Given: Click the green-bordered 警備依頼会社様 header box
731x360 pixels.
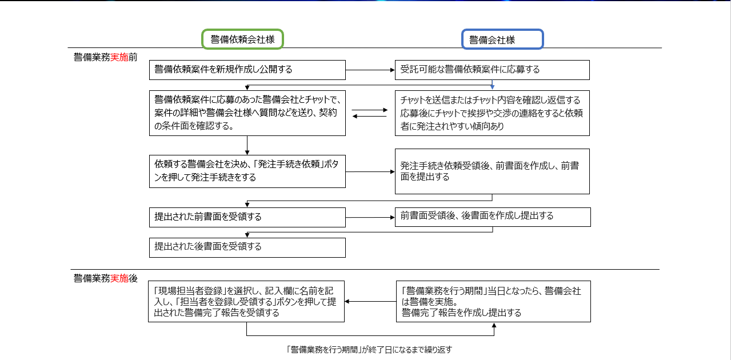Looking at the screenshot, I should pos(242,39).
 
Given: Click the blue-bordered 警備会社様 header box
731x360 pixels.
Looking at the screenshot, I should pos(502,39).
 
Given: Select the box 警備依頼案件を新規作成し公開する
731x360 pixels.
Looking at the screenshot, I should pos(247,70).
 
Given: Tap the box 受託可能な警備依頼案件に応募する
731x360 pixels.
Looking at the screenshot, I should pos(492,70).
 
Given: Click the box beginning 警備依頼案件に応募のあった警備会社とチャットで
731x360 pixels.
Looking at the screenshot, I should pos(247,113).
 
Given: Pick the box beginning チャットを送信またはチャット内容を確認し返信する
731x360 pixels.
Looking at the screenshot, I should pos(492,113).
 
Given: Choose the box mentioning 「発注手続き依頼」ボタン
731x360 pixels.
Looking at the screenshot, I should pos(247,171).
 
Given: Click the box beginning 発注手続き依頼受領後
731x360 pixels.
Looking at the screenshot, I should pos(492,171).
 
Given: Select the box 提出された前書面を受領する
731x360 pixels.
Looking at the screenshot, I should pos(247,217).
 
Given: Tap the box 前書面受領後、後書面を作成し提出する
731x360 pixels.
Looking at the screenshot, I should pos(492,217).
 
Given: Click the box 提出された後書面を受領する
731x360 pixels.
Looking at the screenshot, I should pos(247,247).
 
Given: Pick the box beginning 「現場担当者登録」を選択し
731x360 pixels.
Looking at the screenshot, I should pos(246,301).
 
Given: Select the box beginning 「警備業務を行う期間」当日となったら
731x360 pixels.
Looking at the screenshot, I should pos(493,301).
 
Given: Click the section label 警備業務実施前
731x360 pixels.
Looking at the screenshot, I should pos(105,57).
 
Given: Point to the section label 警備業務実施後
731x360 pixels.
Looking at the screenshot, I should pos(105,278).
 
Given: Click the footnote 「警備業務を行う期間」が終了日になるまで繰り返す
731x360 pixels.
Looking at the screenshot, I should pos(369,349).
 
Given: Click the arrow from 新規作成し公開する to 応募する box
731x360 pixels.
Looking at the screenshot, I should pos(370,70).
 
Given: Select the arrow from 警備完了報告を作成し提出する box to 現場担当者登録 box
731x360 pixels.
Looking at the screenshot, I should pos(370,301).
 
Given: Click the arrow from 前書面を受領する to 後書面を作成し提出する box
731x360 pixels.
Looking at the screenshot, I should pos(370,217).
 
